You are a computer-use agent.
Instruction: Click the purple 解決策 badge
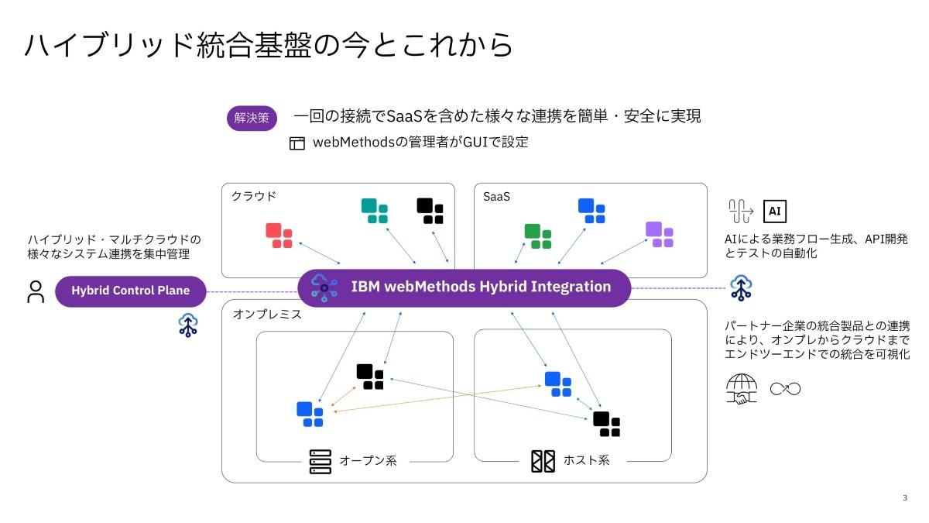pos(252,118)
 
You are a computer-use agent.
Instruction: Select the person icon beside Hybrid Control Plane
pos(36,291)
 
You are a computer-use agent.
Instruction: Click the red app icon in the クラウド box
pos(279,236)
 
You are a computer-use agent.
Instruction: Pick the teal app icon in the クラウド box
pos(374,211)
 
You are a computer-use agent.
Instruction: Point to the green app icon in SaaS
pos(538,236)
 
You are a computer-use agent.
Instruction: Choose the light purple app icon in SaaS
pos(660,234)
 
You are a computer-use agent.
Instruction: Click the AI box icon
pos(775,211)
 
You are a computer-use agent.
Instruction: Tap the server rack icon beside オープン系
pos(320,461)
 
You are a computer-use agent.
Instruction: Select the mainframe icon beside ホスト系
pos(543,461)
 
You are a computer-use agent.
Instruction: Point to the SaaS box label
pos(496,197)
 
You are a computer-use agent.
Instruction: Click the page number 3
pos(904,497)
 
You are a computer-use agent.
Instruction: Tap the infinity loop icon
pos(785,388)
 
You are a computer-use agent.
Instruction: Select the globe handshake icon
pos(742,389)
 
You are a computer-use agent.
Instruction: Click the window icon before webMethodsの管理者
pos(297,143)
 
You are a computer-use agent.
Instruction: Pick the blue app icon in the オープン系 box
pos(310,414)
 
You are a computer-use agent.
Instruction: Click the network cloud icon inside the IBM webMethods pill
pos(324,287)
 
